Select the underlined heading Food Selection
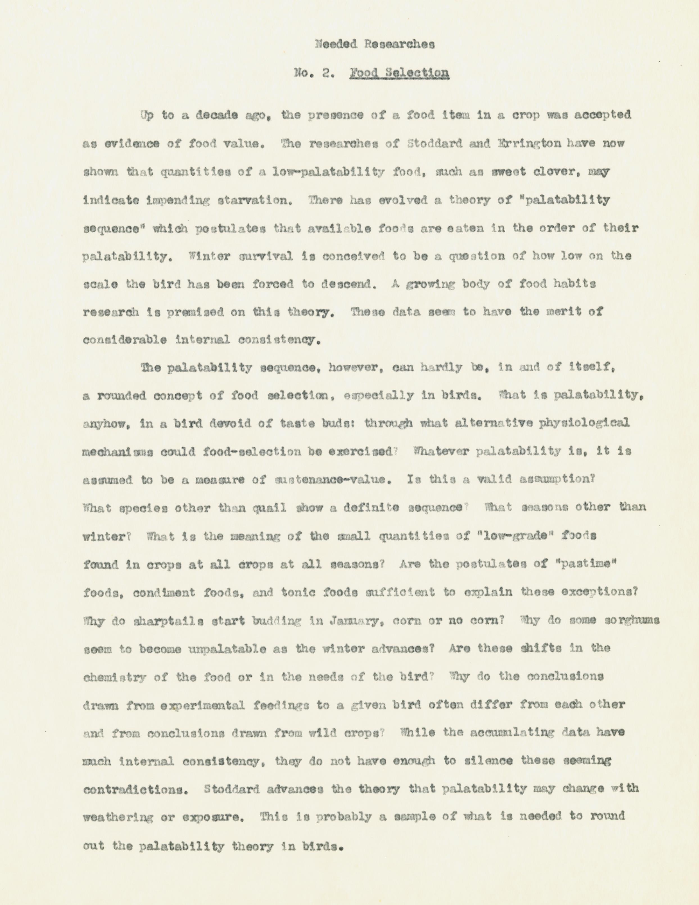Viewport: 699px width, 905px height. coord(399,73)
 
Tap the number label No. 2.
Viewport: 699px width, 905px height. coord(314,73)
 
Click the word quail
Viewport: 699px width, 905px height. coord(270,508)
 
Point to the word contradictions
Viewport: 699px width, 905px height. coord(134,789)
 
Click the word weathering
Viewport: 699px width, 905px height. coord(118,818)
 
